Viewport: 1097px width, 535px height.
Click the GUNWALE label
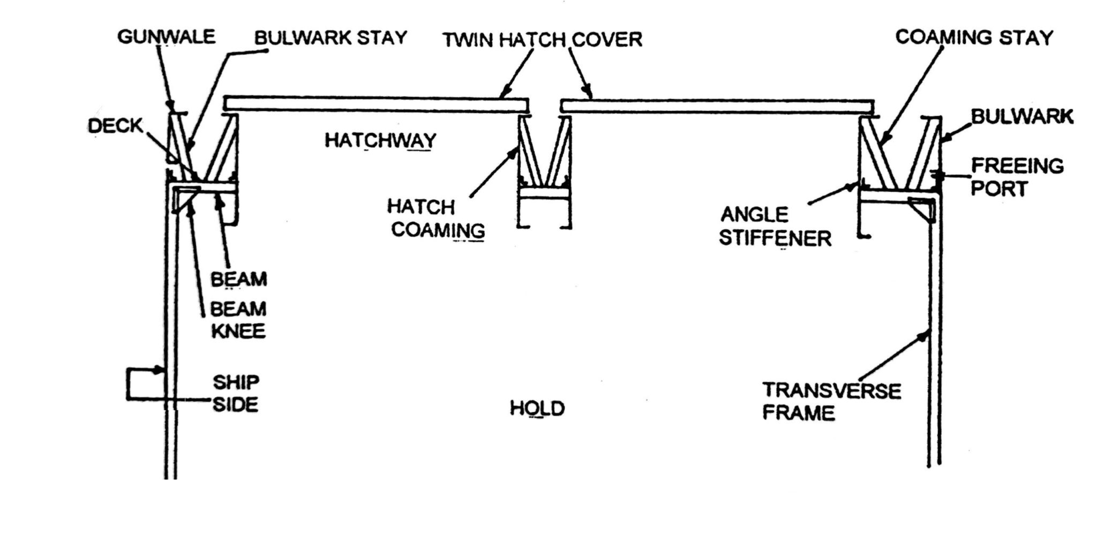point(166,37)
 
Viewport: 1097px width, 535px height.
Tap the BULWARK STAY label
point(330,38)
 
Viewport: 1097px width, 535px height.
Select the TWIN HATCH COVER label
point(542,40)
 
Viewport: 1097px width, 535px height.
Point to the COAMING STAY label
point(974,37)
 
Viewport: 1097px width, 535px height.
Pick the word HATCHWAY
point(380,141)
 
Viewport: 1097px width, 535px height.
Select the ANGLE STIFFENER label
point(775,227)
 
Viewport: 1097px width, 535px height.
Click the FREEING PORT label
point(1017,177)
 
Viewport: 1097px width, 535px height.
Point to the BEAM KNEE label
point(238,320)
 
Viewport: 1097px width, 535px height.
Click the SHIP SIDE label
point(236,394)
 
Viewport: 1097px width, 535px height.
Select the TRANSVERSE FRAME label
point(831,402)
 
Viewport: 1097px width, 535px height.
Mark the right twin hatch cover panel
point(717,106)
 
